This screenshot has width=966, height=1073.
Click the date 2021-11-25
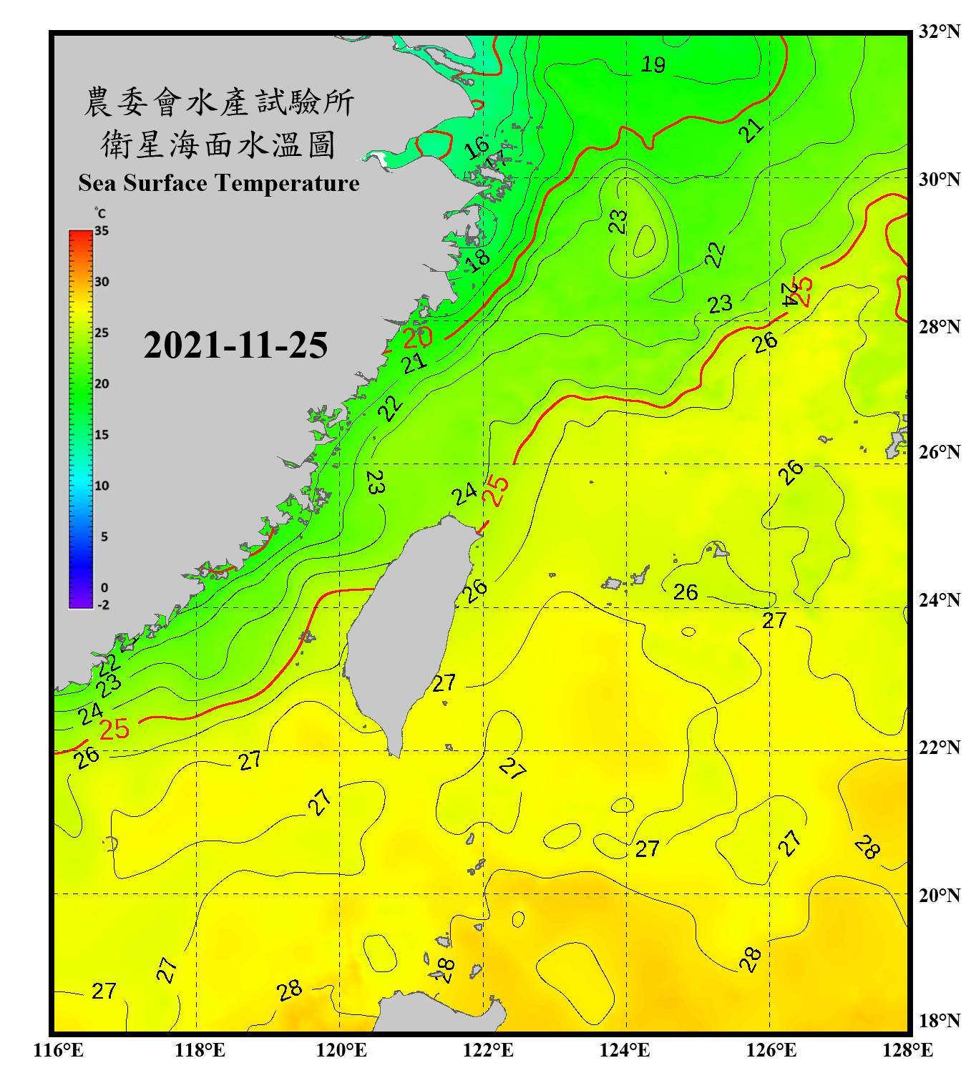click(235, 346)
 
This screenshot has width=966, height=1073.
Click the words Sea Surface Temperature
click(219, 183)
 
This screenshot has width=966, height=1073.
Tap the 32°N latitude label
click(939, 31)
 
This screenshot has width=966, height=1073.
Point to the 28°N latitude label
click(939, 327)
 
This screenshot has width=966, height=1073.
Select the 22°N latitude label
click(939, 748)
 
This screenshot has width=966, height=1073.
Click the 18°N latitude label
click(939, 1021)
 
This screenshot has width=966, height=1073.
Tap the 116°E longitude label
click(59, 1050)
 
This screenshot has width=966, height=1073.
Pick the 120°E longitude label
click(341, 1050)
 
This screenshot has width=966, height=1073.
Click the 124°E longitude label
click(625, 1050)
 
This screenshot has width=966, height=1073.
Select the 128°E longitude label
click(907, 1050)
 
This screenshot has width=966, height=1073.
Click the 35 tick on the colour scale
click(102, 231)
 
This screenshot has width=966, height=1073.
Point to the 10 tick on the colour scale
click(102, 486)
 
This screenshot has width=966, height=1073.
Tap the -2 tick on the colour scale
click(103, 605)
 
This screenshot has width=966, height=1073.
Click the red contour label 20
click(418, 337)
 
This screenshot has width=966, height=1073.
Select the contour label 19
click(653, 65)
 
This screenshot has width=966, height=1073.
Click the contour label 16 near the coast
click(476, 148)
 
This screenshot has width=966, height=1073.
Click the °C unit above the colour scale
click(100, 213)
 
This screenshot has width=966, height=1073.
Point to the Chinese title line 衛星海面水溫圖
click(218, 145)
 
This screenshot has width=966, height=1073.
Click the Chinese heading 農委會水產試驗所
click(219, 102)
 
